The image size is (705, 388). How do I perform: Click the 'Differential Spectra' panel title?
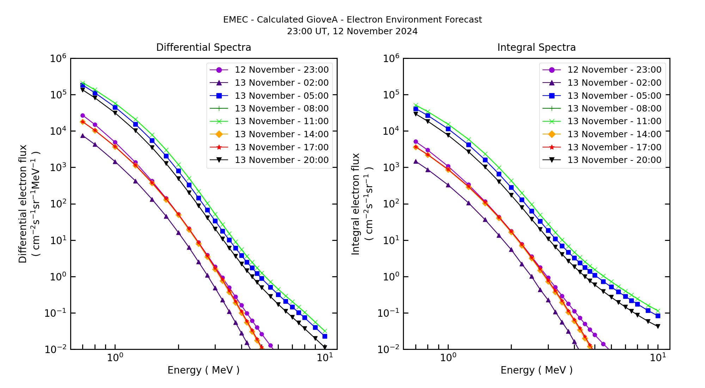[x=203, y=48]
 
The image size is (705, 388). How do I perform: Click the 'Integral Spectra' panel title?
[x=536, y=48]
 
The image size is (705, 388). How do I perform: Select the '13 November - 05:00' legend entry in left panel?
[x=281, y=96]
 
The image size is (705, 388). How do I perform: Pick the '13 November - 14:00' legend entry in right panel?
[x=614, y=134]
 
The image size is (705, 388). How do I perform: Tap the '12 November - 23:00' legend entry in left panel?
[x=281, y=70]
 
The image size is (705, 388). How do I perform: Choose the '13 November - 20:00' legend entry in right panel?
[x=614, y=160]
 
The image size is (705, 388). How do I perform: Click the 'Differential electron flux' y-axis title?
[x=23, y=204]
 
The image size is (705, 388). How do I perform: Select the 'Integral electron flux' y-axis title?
[x=356, y=204]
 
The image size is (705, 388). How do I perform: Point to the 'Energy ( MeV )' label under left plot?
[x=203, y=370]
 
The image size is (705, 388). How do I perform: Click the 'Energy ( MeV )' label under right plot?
[x=536, y=370]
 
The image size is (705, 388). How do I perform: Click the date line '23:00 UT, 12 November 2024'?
[x=352, y=31]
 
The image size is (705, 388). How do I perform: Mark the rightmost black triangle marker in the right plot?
[x=658, y=326]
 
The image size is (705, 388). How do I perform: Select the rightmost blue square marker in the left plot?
[x=325, y=336]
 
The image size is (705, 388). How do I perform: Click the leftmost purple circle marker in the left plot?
[x=82, y=115]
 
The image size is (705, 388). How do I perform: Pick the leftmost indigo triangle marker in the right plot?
[x=416, y=161]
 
